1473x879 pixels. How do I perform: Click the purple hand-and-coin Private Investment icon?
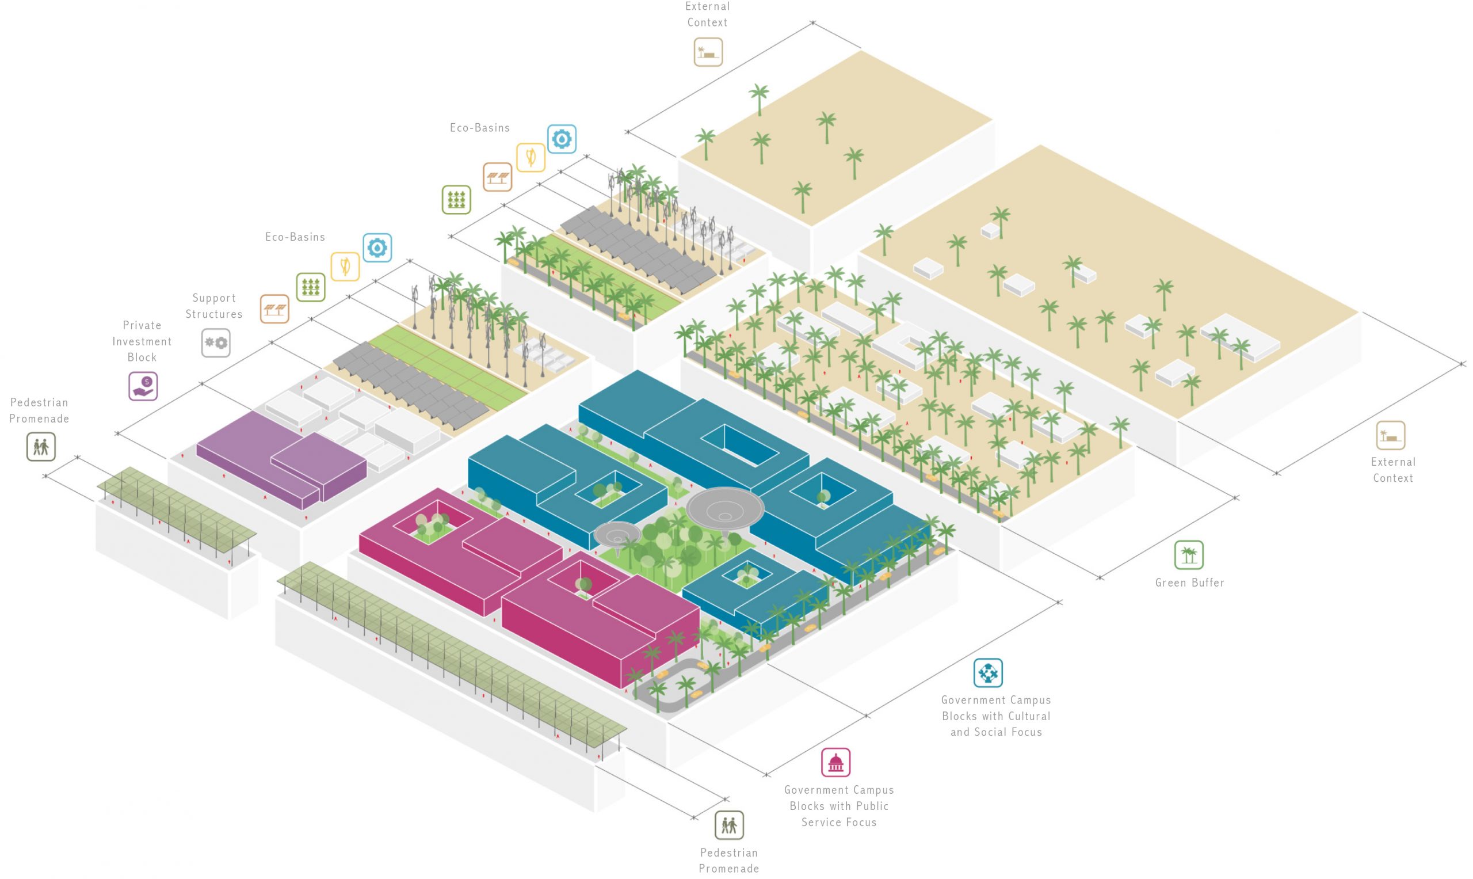pos(143,386)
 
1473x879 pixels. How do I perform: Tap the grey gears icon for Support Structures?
pos(216,343)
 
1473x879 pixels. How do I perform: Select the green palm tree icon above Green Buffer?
pos(1188,555)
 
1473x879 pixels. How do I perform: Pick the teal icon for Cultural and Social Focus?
pos(987,672)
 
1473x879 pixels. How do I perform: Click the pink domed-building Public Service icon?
pos(835,762)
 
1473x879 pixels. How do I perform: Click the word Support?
pos(213,298)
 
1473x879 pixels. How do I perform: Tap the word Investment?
pos(142,341)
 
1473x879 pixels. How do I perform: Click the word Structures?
pos(213,314)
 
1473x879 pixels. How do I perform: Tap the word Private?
pos(142,325)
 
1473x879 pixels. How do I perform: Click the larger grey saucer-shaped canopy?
pos(724,507)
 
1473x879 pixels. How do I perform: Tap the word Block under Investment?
pos(142,357)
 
